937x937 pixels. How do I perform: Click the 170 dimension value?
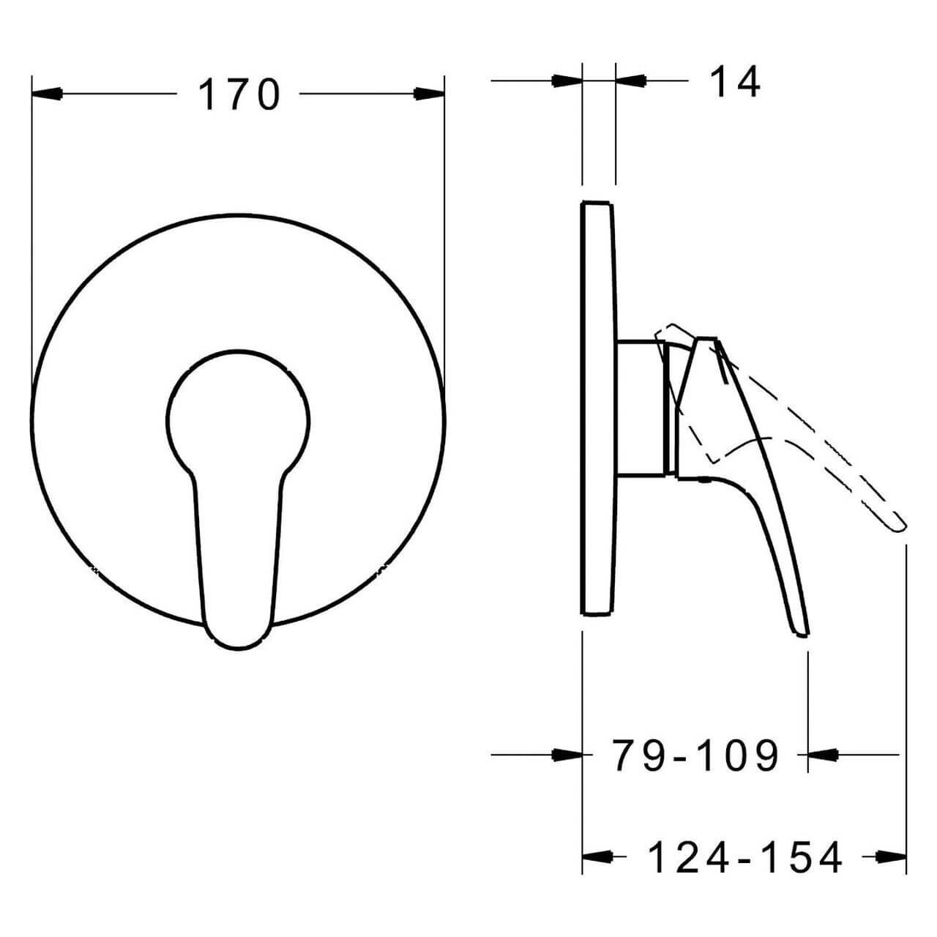[239, 95]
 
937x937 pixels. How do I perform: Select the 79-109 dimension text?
[695, 755]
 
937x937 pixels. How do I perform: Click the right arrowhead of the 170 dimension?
[429, 94]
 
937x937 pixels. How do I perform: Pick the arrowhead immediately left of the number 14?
[631, 81]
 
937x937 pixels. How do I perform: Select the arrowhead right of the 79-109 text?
[822, 754]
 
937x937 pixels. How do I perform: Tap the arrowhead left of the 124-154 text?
[597, 856]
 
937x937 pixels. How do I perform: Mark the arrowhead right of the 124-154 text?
[892, 856]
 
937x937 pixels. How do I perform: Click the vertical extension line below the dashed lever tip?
[907, 695]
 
